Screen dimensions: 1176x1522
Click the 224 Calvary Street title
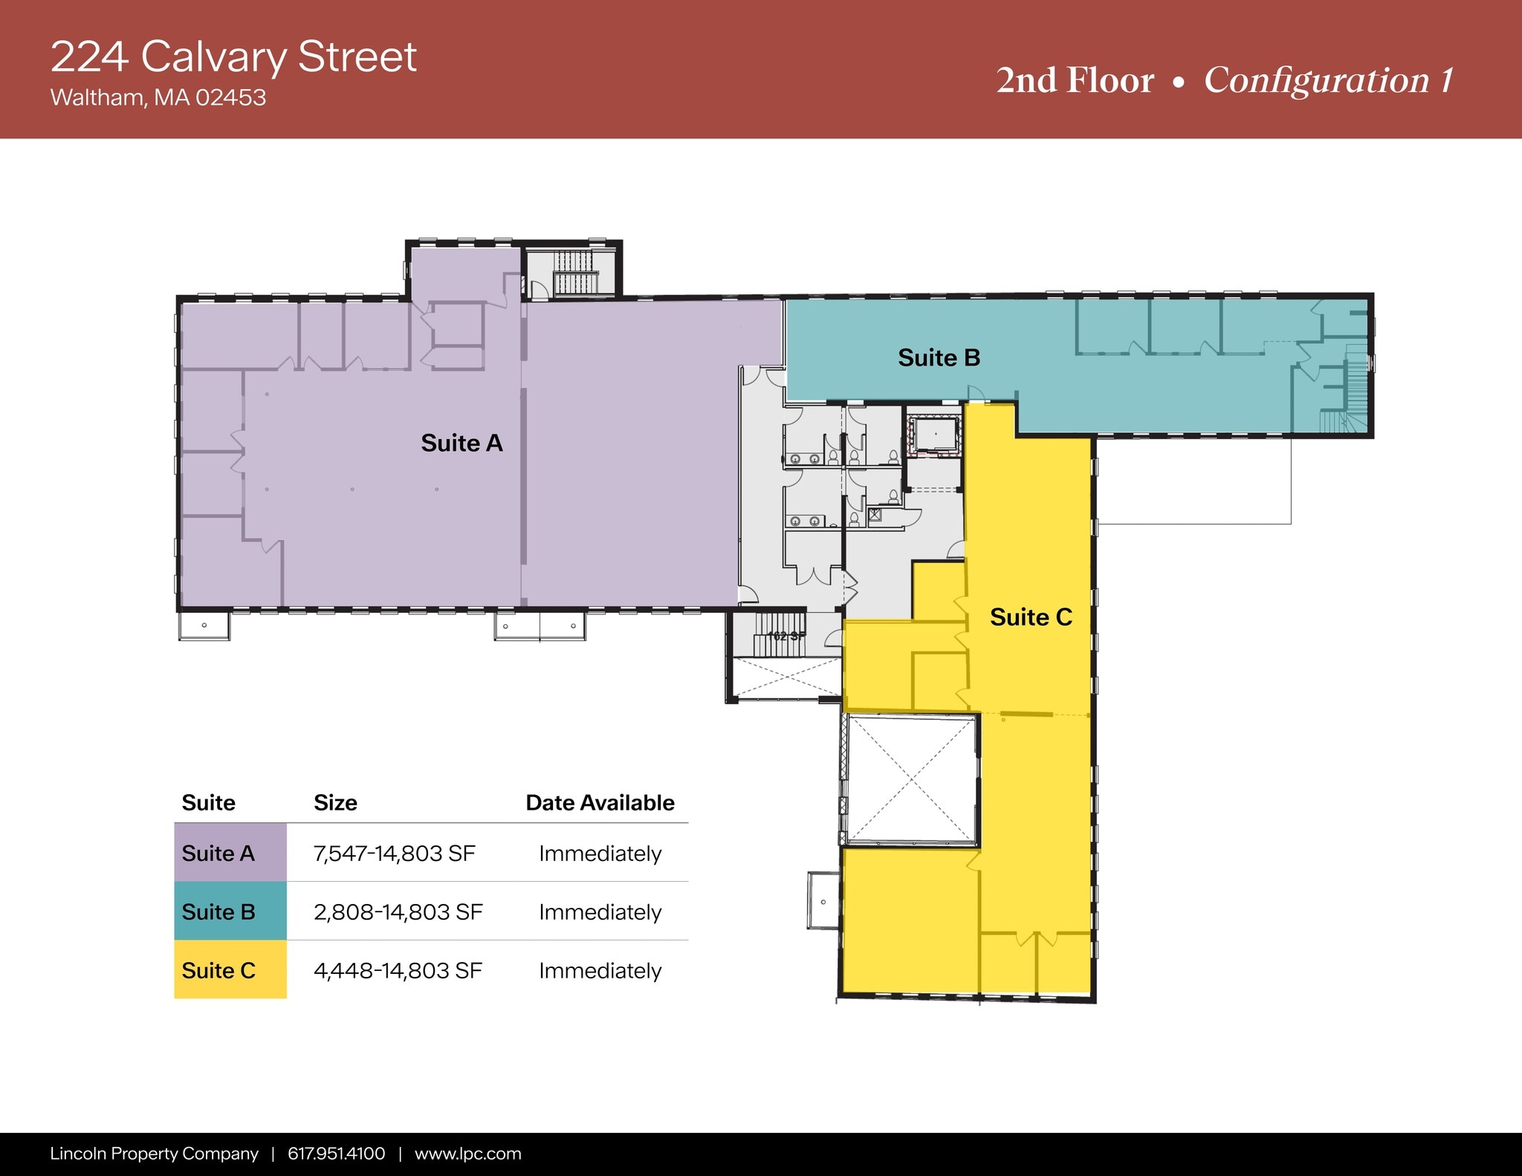click(233, 56)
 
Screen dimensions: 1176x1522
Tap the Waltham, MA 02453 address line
click(158, 97)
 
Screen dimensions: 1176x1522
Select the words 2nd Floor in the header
click(1075, 80)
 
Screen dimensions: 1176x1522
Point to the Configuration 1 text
click(1328, 80)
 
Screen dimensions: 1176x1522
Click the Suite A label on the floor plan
click(462, 444)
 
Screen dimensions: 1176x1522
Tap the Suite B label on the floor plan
click(939, 358)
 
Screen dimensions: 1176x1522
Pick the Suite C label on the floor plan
click(1031, 617)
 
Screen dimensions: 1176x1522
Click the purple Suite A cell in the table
click(230, 853)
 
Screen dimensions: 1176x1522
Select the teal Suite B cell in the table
click(230, 912)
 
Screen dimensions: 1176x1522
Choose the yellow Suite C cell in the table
click(230, 970)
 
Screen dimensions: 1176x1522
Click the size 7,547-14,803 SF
click(394, 854)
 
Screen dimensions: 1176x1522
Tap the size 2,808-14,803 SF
click(398, 912)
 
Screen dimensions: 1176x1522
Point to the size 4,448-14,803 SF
click(398, 971)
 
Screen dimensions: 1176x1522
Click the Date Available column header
click(600, 803)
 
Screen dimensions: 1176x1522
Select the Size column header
click(335, 803)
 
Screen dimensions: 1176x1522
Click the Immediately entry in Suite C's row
click(600, 971)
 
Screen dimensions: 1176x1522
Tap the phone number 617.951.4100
click(336, 1154)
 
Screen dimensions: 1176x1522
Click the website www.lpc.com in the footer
click(467, 1154)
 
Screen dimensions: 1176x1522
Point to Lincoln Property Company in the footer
click(154, 1154)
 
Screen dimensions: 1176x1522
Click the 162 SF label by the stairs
click(786, 636)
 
